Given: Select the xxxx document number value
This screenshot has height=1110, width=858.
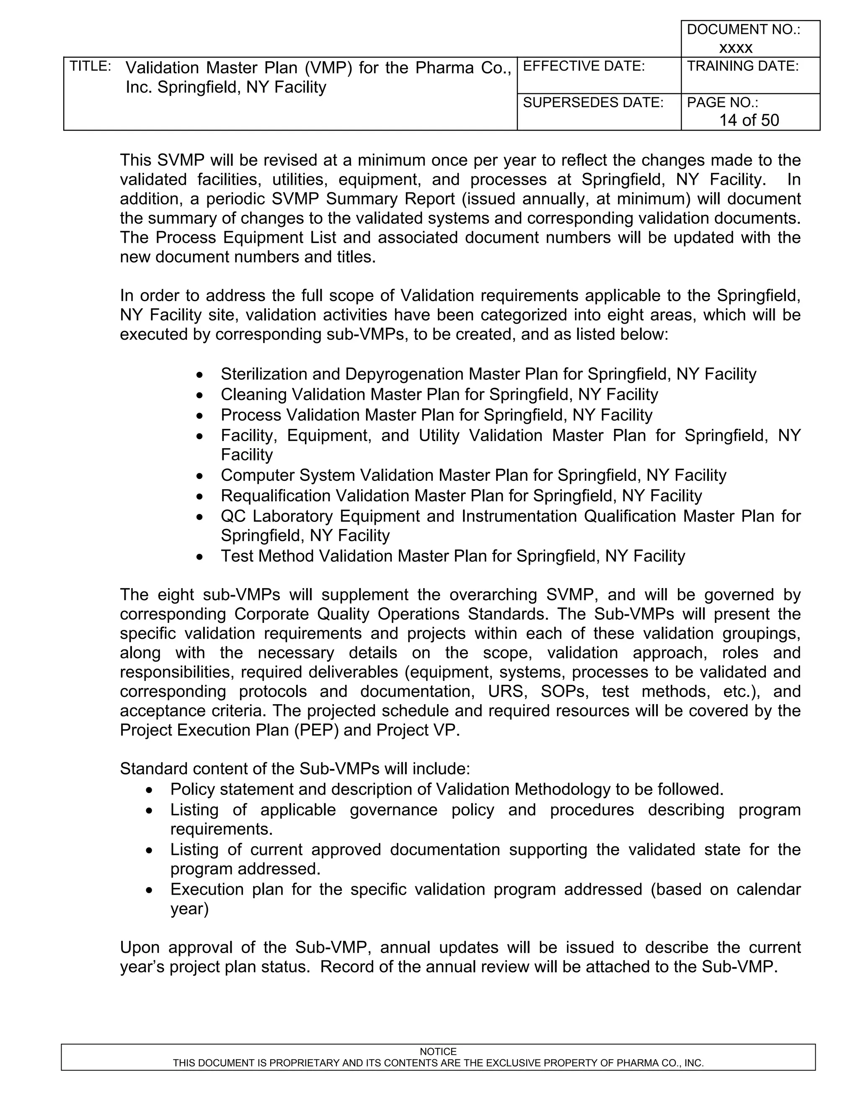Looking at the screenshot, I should (736, 48).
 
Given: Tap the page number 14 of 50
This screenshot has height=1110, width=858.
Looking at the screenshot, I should (749, 120).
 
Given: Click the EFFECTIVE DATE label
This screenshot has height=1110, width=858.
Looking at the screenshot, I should (584, 67).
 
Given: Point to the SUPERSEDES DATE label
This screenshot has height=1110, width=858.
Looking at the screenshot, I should (593, 103).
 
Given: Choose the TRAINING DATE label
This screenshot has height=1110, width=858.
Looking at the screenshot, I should (743, 67).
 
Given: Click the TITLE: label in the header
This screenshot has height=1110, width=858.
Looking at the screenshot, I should (90, 67).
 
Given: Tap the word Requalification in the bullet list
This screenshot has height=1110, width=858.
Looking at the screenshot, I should (276, 496).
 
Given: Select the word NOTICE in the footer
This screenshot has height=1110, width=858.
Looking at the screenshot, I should (438, 1051).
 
